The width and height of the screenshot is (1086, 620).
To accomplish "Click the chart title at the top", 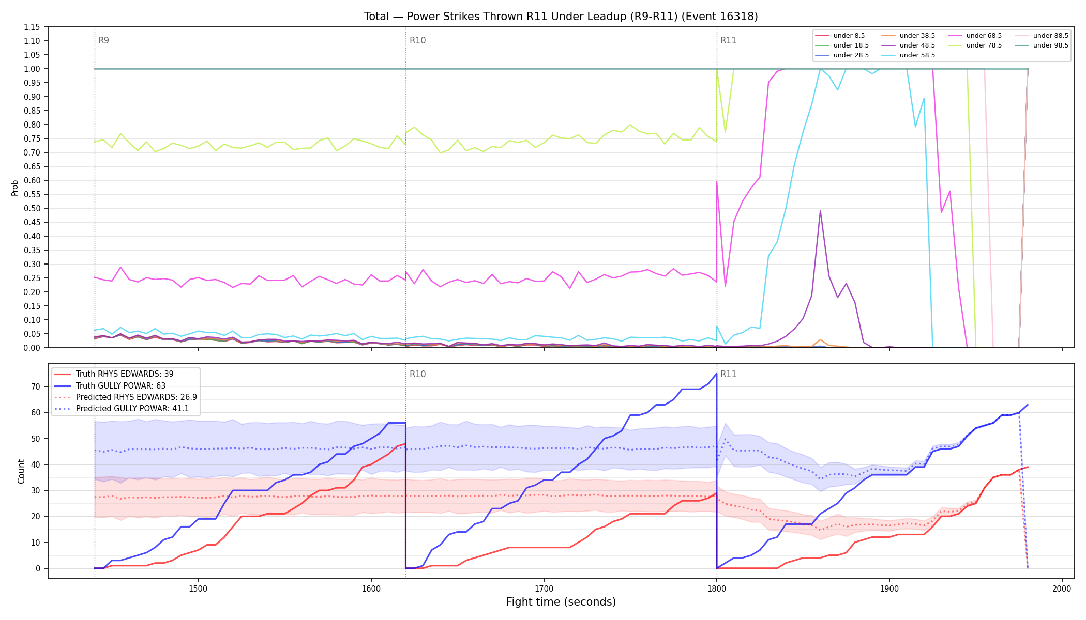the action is pyautogui.click(x=561, y=17).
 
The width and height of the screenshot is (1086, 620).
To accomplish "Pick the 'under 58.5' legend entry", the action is pyautogui.click(x=908, y=55).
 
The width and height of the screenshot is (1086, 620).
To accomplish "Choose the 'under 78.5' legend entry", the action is pyautogui.click(x=975, y=45).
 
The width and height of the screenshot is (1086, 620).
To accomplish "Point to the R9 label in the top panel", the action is pyautogui.click(x=103, y=40).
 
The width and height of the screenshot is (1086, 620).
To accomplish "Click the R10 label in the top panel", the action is pyautogui.click(x=417, y=40).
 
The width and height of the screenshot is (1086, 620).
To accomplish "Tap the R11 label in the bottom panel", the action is pyautogui.click(x=728, y=374).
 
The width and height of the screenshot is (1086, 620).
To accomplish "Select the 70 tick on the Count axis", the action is pyautogui.click(x=36, y=386).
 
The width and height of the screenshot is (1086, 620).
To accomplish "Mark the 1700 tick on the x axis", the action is pyautogui.click(x=544, y=588).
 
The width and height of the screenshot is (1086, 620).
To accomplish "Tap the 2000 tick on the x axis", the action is pyautogui.click(x=1062, y=588).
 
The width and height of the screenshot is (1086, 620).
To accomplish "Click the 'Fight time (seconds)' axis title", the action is pyautogui.click(x=561, y=602).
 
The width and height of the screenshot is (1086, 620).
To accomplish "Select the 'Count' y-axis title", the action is pyautogui.click(x=21, y=471).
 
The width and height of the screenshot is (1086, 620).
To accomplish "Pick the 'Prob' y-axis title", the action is pyautogui.click(x=15, y=188).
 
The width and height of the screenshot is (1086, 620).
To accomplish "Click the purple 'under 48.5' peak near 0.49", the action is pyautogui.click(x=820, y=211).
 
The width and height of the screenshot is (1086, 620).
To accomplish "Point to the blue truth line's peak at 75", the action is pyautogui.click(x=716, y=374).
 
